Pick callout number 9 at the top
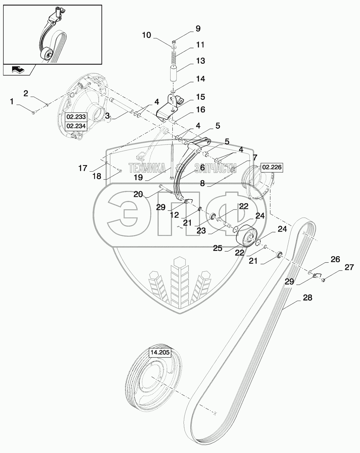198,29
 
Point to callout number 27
349,267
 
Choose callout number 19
138,177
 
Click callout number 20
138,194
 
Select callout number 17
83,168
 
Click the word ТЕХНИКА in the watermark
147,168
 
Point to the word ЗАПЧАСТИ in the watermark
215,168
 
